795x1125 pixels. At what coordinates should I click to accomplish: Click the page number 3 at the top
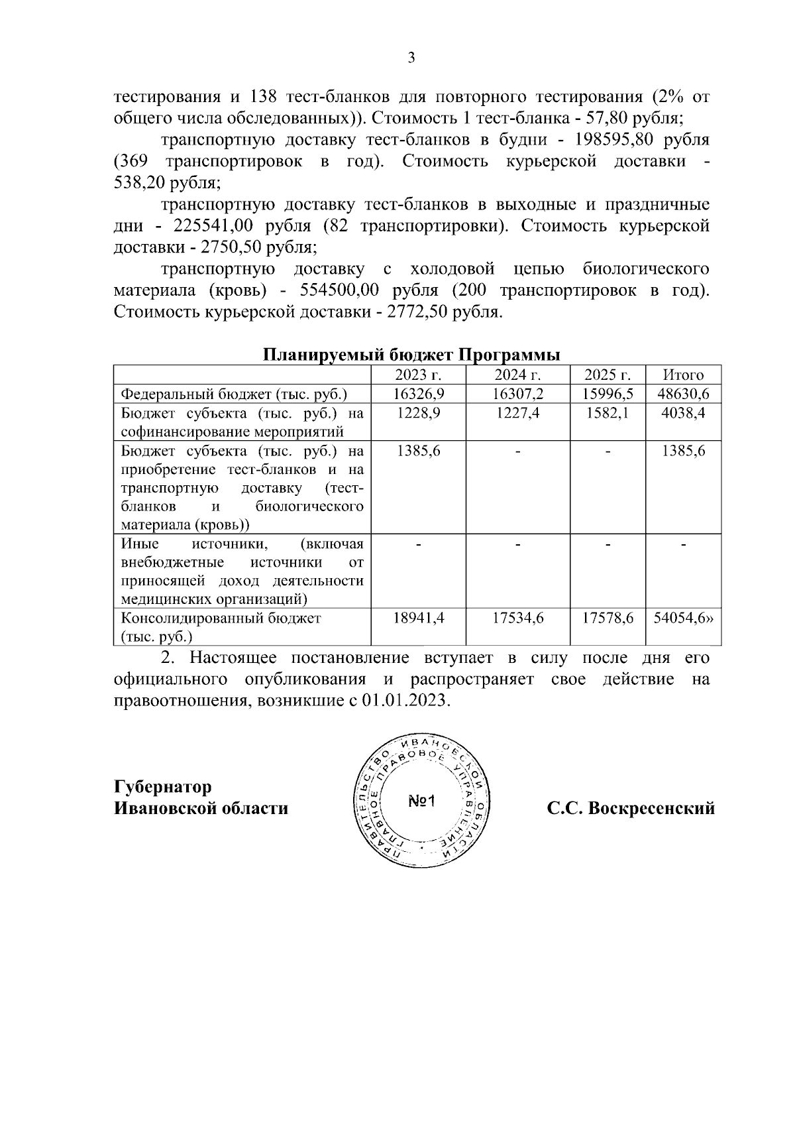click(411, 58)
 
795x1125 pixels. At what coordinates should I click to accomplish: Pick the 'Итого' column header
click(683, 375)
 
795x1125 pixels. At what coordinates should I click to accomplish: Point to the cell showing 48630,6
click(683, 394)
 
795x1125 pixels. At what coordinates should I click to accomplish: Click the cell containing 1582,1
click(608, 413)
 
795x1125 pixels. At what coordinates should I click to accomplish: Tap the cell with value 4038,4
click(683, 413)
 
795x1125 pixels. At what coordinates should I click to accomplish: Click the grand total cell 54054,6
click(683, 618)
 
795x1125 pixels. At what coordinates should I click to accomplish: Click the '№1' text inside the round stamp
click(421, 801)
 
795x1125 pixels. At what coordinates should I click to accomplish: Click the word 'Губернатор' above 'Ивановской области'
click(163, 787)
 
